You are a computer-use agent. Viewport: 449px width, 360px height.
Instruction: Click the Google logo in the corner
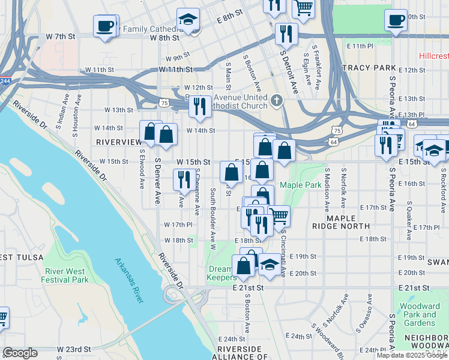point(20,353)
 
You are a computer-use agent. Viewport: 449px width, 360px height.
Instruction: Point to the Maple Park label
point(300,185)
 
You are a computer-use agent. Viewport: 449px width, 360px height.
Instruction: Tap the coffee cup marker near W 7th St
point(105,26)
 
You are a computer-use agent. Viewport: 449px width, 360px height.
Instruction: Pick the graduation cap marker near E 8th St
point(188,20)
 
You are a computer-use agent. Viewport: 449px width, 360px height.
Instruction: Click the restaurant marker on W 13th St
point(199,106)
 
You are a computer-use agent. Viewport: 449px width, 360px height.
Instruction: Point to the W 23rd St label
point(74,349)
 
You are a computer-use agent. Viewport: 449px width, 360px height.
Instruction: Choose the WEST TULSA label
point(22,257)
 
